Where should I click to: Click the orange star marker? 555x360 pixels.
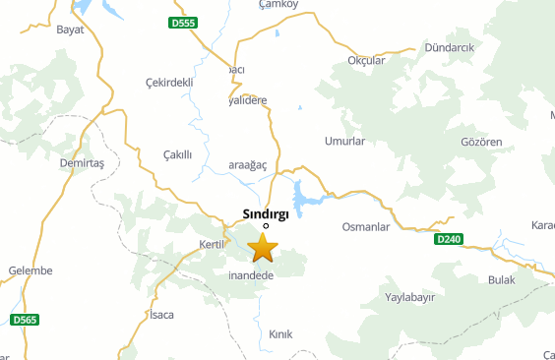point(263,248)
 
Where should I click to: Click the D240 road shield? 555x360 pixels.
point(448,239)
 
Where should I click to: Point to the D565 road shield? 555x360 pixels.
point(25,320)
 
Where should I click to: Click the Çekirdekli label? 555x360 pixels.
point(168,82)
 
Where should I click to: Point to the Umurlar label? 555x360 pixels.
point(344,142)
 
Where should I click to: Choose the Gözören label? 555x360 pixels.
point(481,142)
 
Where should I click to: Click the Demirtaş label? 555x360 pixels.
point(82,162)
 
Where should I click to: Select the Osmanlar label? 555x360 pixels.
point(365,227)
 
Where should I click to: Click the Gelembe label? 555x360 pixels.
point(29,270)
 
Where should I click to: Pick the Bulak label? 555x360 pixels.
point(501,280)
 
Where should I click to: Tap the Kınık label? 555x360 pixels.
point(280,334)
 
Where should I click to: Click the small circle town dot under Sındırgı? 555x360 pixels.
point(266,225)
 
